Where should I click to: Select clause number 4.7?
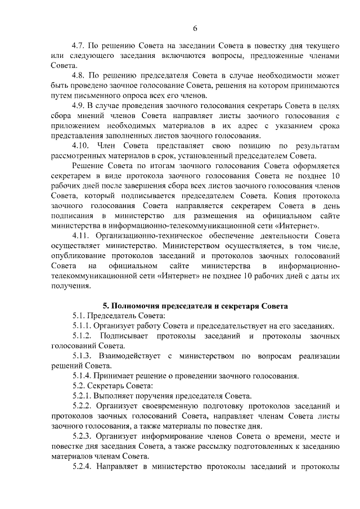79,44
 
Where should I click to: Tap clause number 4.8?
79,75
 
